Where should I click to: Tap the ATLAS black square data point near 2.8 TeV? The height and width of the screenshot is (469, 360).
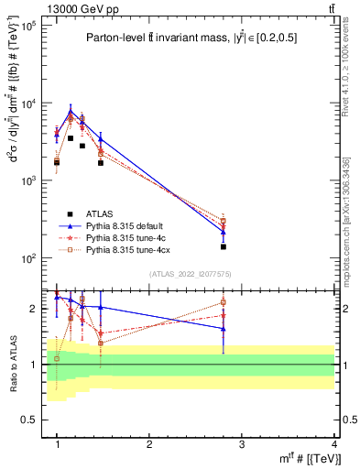223,246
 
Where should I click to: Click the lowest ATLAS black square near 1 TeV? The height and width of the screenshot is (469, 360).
57,162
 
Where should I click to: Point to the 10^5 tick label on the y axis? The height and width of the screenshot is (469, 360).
27,26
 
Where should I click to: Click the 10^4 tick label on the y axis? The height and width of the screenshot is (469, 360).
27,104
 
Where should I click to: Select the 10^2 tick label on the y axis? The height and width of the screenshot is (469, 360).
27,258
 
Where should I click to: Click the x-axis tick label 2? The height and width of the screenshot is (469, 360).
149,444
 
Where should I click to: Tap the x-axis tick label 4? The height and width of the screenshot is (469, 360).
333,444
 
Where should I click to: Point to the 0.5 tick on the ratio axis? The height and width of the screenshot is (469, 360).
31,420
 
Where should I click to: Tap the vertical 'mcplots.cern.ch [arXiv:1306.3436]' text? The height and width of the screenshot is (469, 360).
346,216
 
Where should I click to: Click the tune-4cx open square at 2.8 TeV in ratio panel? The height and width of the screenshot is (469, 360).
223,302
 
